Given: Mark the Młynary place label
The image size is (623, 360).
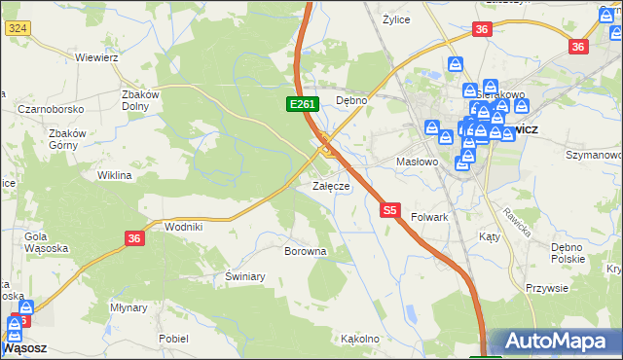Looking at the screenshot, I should (128, 306).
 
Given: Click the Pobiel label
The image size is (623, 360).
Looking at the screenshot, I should (173, 338).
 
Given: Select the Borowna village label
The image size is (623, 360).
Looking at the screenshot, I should (304, 251).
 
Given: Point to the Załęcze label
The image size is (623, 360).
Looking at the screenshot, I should (330, 186).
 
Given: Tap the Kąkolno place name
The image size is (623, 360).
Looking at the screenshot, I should (359, 339).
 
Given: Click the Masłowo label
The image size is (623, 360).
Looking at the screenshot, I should (421, 162).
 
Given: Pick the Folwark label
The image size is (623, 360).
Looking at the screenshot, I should (429, 217).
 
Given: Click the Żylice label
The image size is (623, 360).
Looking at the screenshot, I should (396, 18).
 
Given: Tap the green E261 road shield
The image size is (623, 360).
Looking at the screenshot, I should (300, 103).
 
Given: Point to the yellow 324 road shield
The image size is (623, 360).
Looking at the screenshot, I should (17, 29).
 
